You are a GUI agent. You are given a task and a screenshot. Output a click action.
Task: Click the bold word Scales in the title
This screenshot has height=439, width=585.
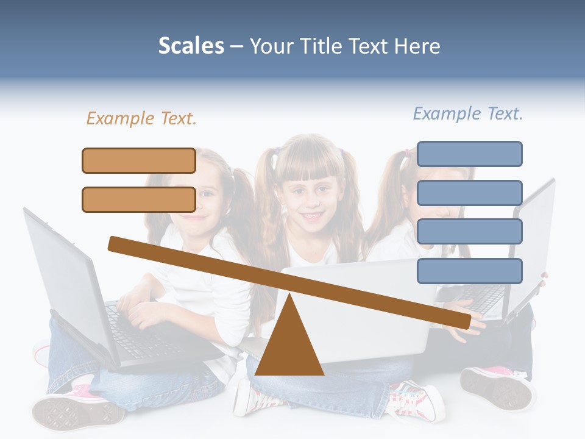(191, 46)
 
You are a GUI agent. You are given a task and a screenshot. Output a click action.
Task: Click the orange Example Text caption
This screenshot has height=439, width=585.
(141, 118)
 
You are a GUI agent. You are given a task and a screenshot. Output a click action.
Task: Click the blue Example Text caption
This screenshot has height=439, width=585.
(468, 113)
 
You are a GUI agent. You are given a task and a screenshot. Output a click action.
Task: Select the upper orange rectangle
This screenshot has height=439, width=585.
(139, 161)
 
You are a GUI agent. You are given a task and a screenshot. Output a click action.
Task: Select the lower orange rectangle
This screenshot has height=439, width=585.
(139, 199)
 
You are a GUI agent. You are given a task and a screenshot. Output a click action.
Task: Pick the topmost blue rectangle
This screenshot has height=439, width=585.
(469, 154)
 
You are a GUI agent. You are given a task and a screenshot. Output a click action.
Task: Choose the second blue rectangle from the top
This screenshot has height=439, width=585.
(469, 193)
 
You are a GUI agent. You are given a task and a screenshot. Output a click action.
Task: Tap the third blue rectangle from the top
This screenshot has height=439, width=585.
(469, 232)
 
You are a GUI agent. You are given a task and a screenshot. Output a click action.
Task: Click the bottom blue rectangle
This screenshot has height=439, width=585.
(469, 271)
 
